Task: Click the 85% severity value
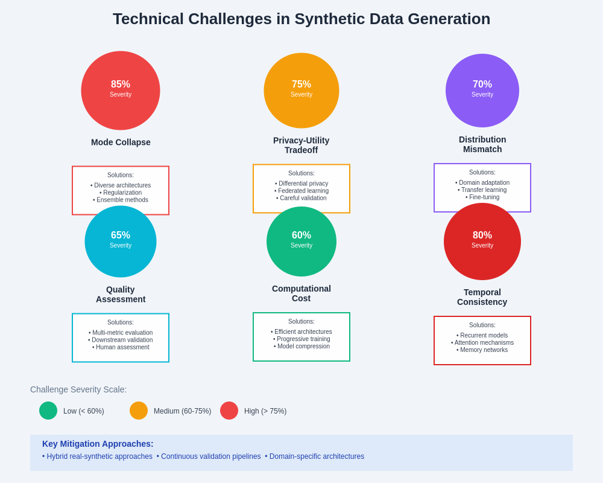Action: coord(121,85)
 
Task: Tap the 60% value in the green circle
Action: coord(301,235)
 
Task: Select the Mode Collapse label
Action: coord(121,142)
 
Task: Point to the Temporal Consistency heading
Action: coord(482,297)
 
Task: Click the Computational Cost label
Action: coord(301,293)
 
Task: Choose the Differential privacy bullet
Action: coord(301,184)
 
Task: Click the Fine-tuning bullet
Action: coord(482,197)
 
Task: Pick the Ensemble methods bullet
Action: coord(121,200)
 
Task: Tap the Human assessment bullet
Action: coord(121,347)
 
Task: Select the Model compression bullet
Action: coord(301,347)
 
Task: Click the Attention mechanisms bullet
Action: coord(482,343)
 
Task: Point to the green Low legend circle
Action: coord(48,411)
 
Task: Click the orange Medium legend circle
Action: coord(139,411)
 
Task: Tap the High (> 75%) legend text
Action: coord(265,411)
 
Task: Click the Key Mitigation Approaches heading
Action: coord(98,444)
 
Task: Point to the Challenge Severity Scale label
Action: coord(78,389)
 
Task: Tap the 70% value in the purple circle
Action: coord(482,85)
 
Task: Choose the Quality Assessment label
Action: coord(121,294)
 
